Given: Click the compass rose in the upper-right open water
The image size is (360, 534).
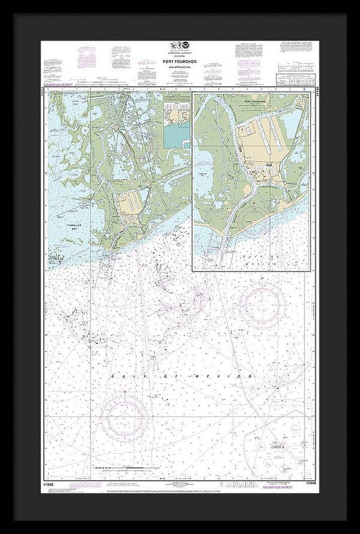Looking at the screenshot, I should click(x=264, y=305).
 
